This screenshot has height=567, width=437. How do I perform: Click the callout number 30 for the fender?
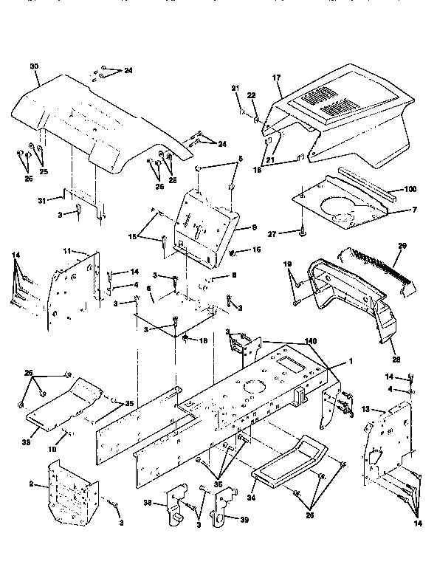tap(33, 66)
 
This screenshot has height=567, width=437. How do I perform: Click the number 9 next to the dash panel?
tap(243, 227)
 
